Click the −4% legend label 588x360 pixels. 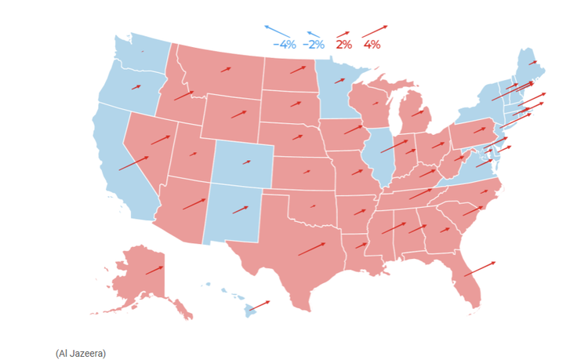pyautogui.click(x=285, y=45)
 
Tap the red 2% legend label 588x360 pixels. pyautogui.click(x=343, y=45)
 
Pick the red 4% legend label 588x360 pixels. pyautogui.click(x=372, y=45)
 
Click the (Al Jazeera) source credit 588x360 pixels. pyautogui.click(x=80, y=353)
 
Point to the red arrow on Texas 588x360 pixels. pyautogui.click(x=311, y=249)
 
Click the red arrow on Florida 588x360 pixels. pyautogui.click(x=479, y=268)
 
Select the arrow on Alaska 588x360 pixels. pyautogui.click(x=154, y=270)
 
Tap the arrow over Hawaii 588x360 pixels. pyautogui.click(x=260, y=304)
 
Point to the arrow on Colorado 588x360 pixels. pyautogui.click(x=247, y=163)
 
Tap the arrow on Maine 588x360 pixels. pyautogui.click(x=532, y=61)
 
